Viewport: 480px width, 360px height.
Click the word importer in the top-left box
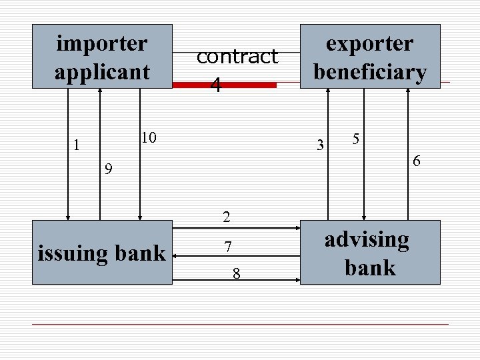pos(102,43)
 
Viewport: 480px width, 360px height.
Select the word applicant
pos(102,71)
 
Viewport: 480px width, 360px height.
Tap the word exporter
pos(369,43)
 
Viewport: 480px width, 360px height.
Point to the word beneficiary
pos(370,71)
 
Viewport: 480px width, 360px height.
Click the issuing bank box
pos(102,253)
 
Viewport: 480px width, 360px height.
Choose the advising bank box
pos(370,253)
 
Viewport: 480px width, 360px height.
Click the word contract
pos(237,57)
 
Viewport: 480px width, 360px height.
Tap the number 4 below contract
pos(215,85)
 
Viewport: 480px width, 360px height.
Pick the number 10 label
pos(148,138)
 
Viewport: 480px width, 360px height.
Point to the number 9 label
pos(108,169)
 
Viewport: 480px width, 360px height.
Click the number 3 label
pos(321,145)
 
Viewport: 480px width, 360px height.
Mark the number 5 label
pos(357,139)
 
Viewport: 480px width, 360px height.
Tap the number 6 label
pos(416,161)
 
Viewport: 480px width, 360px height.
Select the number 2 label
pos(227,217)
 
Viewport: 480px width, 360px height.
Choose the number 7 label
pos(227,247)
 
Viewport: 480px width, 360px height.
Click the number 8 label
pos(236,273)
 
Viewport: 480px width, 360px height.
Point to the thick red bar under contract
pos(224,85)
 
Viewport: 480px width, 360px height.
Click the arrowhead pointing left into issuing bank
pos(177,279)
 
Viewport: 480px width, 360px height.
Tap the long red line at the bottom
pos(240,324)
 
